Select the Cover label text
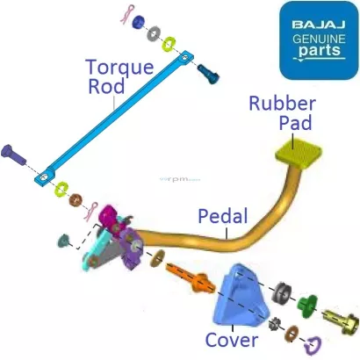pos(231,340)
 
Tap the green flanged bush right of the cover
pos(307,302)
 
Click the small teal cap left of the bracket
pos(64,239)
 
